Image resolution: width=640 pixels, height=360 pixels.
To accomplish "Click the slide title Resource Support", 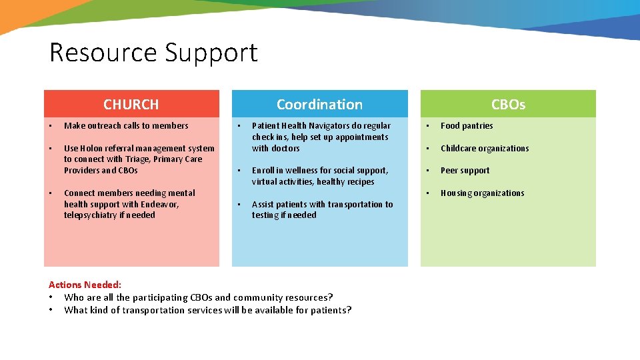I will (x=153, y=53).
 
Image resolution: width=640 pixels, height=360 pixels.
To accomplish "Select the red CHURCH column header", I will (x=131, y=104).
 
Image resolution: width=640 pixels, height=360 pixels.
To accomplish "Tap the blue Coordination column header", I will (x=319, y=104).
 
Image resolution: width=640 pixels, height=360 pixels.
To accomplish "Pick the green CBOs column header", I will (x=508, y=104).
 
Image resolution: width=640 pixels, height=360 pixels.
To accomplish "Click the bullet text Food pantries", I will (x=467, y=126).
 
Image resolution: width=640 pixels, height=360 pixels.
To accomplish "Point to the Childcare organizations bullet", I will (x=485, y=149).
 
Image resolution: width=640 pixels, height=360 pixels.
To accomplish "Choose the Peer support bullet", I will (x=465, y=171).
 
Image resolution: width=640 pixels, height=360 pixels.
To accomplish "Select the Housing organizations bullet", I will (x=482, y=193).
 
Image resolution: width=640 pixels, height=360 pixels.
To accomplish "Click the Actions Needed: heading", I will (x=85, y=285).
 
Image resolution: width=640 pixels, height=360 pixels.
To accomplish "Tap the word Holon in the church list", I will (x=93, y=149).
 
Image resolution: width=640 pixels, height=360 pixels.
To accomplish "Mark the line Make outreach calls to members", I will (x=126, y=126).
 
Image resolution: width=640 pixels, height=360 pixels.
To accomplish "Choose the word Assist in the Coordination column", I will (x=263, y=205).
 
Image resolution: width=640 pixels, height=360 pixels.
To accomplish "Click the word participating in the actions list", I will (x=160, y=297).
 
